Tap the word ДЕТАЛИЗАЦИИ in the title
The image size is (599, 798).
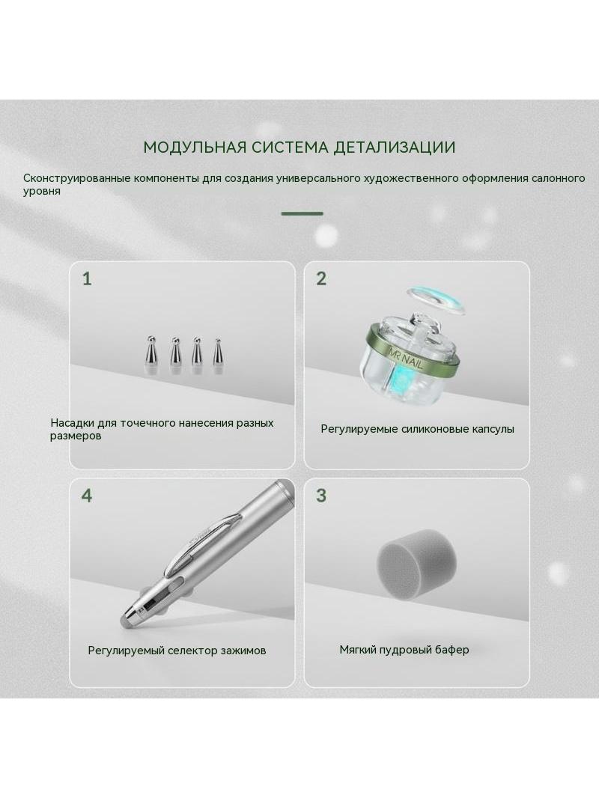395,147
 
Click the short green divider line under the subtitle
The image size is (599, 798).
302,214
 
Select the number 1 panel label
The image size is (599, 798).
87,279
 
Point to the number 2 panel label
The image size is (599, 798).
321,279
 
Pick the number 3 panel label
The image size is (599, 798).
321,495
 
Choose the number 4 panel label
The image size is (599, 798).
87,495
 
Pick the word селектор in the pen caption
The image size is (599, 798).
193,651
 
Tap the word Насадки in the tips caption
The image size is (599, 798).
71,423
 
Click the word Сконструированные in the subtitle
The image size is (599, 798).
77,179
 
